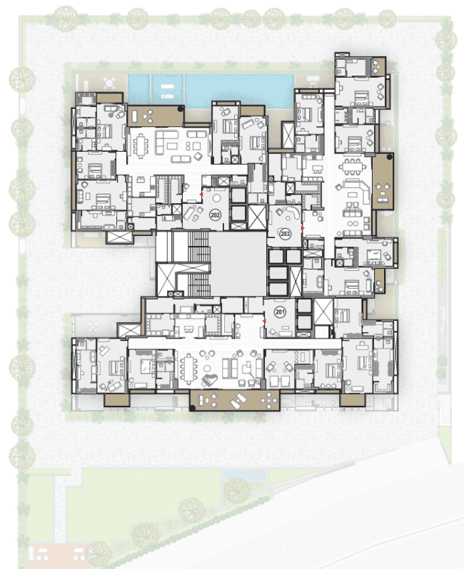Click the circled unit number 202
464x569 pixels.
215,215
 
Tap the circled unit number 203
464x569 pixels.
286,233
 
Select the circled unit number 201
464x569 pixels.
280,312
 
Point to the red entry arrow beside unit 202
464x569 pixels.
201,195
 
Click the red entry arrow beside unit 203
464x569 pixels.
302,228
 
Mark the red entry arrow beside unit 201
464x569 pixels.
265,321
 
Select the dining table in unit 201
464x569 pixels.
189,368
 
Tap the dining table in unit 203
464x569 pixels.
353,167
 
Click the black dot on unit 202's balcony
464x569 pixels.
180,108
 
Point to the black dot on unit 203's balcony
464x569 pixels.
389,157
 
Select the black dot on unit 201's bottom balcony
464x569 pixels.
193,408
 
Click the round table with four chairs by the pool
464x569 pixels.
109,83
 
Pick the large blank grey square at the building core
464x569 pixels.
238,263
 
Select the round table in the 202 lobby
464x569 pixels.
216,198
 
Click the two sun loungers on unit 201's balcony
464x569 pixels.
238,401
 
